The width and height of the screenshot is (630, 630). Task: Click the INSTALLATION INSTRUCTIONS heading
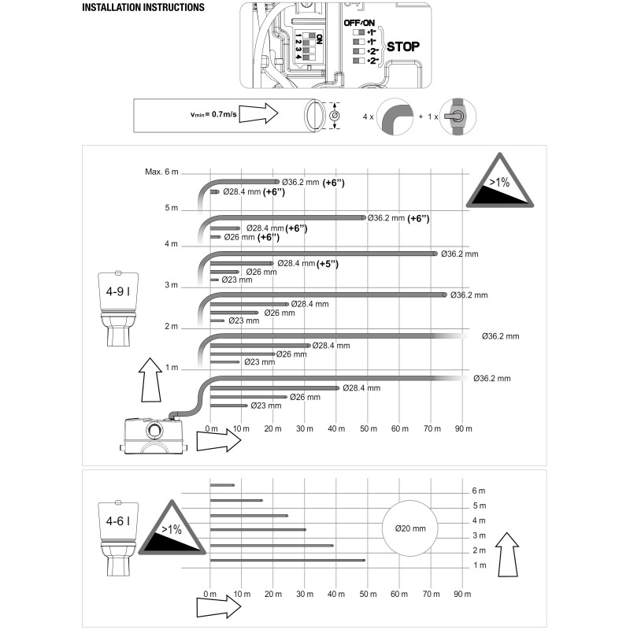143,8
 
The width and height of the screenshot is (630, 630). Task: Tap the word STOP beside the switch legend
403,46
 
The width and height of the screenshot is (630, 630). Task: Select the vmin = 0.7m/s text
213,114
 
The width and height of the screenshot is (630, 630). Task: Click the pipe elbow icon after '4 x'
395,117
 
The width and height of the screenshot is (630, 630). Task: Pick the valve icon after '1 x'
458,117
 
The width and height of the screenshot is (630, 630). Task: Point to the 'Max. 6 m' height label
161,172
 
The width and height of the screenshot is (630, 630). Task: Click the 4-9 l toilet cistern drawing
118,309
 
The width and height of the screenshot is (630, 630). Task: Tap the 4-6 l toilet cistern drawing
118,538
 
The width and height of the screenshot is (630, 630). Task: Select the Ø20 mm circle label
410,528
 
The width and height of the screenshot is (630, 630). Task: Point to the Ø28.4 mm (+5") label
308,264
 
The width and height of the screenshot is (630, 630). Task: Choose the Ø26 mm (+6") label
251,237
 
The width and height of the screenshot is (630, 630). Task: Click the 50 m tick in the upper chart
369,428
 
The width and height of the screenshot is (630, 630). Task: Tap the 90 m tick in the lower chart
462,594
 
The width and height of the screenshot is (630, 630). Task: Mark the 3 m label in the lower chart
479,535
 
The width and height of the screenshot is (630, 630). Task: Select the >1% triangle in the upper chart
500,181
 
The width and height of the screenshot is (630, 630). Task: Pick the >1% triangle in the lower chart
172,528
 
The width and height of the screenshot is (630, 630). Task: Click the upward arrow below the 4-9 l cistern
150,380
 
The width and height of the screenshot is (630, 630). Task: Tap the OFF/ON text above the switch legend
359,23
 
